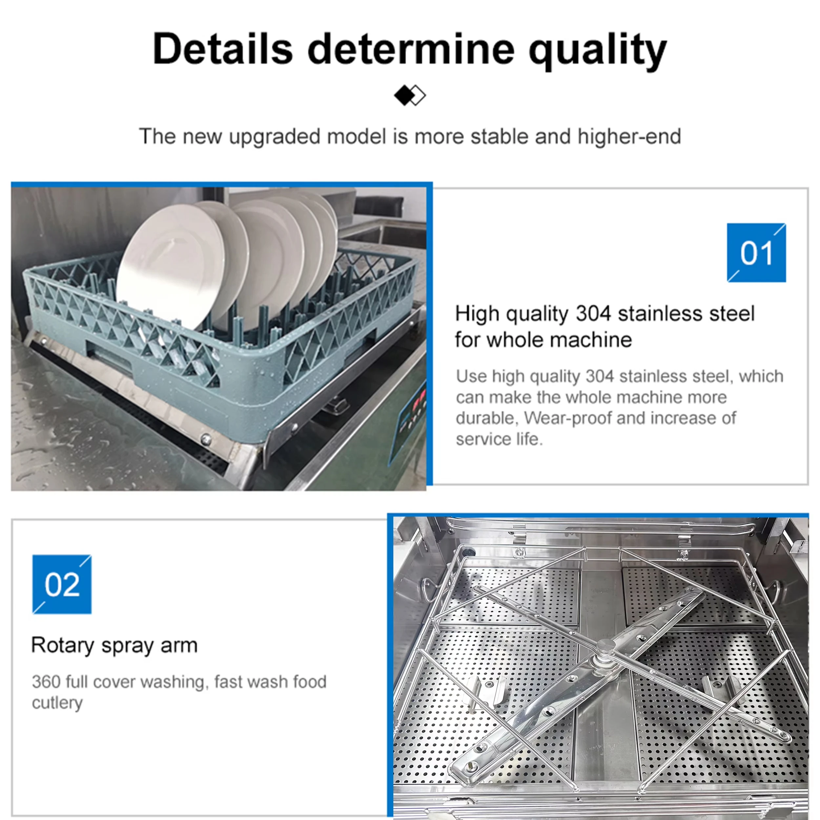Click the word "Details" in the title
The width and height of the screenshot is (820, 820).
[222, 49]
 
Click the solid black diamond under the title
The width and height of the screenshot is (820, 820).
[403, 95]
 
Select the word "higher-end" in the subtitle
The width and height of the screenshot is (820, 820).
[629, 137]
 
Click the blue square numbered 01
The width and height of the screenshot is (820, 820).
[756, 253]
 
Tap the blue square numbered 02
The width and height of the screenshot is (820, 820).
[62, 584]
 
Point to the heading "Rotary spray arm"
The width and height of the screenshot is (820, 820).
[114, 646]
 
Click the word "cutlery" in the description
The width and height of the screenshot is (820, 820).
[57, 703]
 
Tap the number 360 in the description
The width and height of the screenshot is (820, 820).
[46, 682]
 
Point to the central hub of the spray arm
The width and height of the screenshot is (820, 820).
[605, 650]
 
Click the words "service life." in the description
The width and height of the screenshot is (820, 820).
[500, 439]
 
